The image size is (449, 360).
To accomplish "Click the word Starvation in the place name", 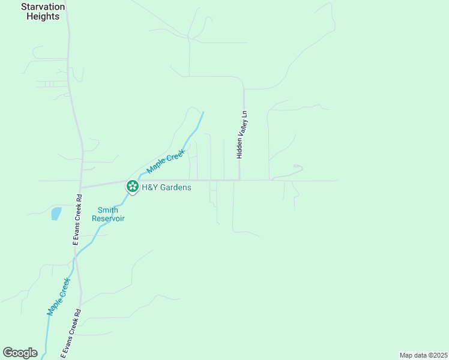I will (x=43, y=7).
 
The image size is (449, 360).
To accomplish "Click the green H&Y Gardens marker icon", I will (x=132, y=187).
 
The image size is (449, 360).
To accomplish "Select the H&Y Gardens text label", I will (x=166, y=187).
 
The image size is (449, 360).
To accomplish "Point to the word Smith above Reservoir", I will (x=108, y=210).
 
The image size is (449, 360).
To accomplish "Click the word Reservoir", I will (x=108, y=218).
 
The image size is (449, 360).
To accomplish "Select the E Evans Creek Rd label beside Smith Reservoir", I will (x=77, y=219).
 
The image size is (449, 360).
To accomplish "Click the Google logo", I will (x=20, y=353).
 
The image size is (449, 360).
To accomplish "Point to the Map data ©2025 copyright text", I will (x=423, y=355).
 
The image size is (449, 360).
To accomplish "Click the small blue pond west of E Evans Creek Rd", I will (x=56, y=213).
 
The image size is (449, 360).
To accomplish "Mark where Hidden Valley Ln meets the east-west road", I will (x=240, y=179).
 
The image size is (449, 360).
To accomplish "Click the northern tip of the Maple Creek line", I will (x=203, y=112).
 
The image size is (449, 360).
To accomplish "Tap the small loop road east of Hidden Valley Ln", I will (x=297, y=167).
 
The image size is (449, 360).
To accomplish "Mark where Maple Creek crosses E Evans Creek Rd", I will (x=75, y=257).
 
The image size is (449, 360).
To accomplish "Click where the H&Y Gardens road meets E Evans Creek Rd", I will (x=81, y=187).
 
